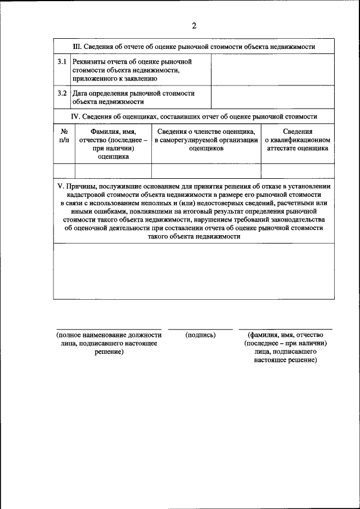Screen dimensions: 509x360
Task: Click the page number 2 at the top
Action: click(x=194, y=26)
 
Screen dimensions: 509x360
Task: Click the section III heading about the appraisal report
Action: click(x=194, y=46)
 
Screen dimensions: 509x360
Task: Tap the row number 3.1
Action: click(x=62, y=61)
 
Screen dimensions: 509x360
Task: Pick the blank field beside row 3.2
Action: click(x=272, y=97)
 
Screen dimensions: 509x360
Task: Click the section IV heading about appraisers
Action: click(x=194, y=116)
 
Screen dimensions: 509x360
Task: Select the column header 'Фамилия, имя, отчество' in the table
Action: click(x=113, y=144)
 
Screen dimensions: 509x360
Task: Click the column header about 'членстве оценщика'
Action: click(x=206, y=139)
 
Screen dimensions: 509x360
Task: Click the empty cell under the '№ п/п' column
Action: click(x=64, y=171)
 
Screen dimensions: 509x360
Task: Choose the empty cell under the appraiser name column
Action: click(x=113, y=171)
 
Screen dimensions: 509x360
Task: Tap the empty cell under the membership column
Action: click(x=206, y=171)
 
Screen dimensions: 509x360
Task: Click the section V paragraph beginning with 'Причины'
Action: click(x=194, y=211)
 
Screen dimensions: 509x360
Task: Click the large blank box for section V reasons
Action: click(x=194, y=271)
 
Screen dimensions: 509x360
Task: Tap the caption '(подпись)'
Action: click(x=200, y=335)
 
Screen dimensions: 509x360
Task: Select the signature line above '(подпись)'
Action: click(x=200, y=329)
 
